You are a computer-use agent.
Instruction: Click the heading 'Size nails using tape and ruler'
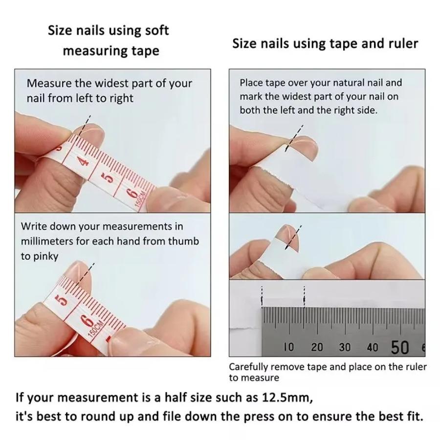click(325, 44)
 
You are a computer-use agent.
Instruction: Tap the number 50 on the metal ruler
click(399, 347)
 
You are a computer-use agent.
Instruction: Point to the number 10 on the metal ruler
click(289, 347)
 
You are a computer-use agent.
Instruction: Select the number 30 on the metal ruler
click(345, 347)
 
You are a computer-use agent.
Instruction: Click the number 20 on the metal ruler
click(317, 347)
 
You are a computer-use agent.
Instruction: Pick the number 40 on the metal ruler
click(373, 347)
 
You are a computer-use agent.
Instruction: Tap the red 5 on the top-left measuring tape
click(110, 176)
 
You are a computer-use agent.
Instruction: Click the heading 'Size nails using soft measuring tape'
click(109, 40)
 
